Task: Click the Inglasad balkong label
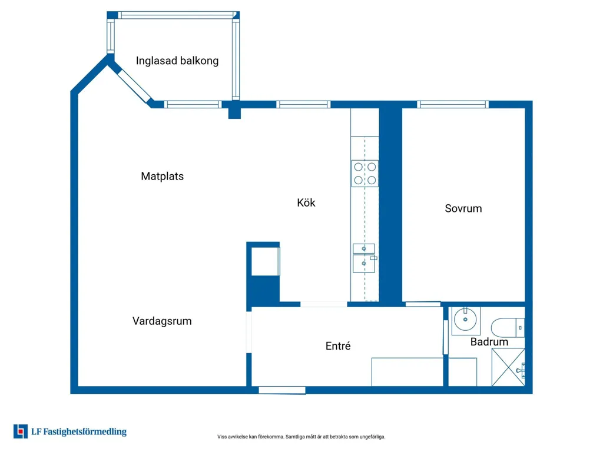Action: [x=177, y=61]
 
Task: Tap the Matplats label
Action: [x=163, y=176]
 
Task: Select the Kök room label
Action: [x=306, y=202]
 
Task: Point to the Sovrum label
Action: [x=463, y=208]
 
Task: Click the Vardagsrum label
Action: [x=162, y=321]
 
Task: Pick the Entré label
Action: [x=338, y=346]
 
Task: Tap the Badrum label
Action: [x=489, y=342]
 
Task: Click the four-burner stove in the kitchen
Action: [x=365, y=174]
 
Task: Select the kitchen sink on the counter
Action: [x=364, y=258]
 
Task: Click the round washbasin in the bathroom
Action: [x=465, y=320]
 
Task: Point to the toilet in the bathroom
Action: [x=508, y=327]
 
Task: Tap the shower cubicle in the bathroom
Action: [x=508, y=367]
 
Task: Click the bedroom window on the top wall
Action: [x=453, y=104]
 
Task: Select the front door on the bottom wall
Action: [x=282, y=391]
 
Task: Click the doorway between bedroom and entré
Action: [x=423, y=304]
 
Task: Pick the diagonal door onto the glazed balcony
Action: [x=133, y=86]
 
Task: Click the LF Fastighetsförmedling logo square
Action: [x=21, y=431]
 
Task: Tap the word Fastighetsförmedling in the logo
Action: [x=85, y=431]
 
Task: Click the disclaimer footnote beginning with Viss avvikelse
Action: [x=301, y=437]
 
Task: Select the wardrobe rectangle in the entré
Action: [x=407, y=372]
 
